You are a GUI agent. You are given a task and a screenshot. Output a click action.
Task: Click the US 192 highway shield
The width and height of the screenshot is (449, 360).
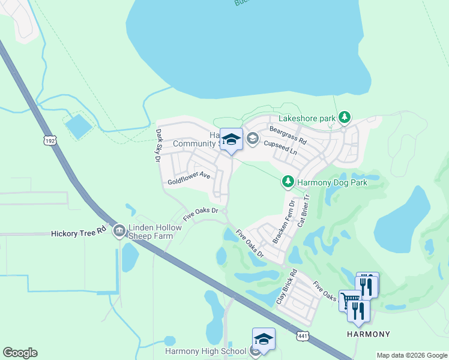(x=49, y=140)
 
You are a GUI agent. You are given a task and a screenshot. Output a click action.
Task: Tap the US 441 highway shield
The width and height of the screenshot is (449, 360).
(x=303, y=337)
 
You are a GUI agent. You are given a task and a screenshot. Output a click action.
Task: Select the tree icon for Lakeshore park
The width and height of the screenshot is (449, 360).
(x=345, y=118)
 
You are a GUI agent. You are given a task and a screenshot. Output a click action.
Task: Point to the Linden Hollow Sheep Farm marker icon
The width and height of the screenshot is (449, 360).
(x=119, y=230)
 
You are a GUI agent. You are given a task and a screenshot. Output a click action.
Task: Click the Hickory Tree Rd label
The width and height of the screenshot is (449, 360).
(x=79, y=232)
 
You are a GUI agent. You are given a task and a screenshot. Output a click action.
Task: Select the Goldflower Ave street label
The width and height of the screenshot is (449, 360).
(x=188, y=178)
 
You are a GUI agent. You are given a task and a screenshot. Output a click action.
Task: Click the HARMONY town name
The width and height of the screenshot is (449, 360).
(x=369, y=334)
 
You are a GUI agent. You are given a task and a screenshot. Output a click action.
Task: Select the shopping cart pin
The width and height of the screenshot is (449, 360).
(x=350, y=299)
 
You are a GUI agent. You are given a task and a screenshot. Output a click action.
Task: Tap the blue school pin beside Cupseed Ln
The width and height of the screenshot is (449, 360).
(x=231, y=140)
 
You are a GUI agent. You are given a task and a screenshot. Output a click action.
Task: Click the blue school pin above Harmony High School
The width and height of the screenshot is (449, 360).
(x=264, y=339)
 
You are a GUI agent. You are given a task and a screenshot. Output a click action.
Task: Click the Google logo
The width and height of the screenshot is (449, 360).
(x=20, y=353)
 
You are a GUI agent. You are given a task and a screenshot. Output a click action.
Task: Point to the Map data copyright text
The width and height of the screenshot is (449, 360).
(x=412, y=355)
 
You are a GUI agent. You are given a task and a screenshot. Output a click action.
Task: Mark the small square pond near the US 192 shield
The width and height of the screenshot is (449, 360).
(x=79, y=127)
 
